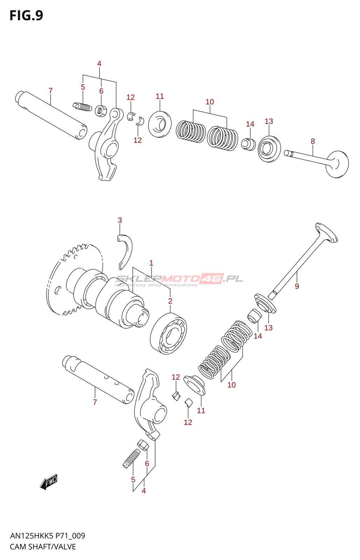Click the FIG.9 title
coord(26,16)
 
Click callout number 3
coord(120,220)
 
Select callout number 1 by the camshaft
coord(151,263)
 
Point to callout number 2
coord(170,301)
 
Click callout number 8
coord(313,141)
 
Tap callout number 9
coord(297,286)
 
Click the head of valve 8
coord(337,164)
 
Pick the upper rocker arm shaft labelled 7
coord(51,115)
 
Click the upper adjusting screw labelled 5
coord(83,106)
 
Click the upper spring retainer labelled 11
coord(160,124)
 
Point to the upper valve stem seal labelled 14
coord(249,144)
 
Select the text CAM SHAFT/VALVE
coord(43,547)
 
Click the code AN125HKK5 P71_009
coord(48,536)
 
